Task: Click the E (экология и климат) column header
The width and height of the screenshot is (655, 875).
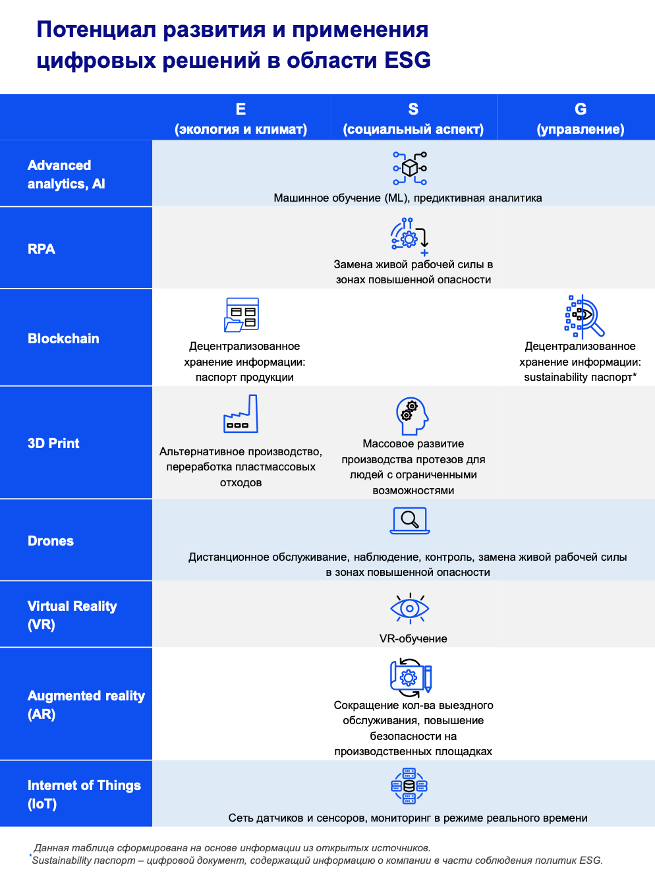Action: pyautogui.click(x=241, y=119)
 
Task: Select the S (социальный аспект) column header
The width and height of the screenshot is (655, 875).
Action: pyautogui.click(x=413, y=119)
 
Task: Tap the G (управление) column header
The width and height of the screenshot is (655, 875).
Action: pyautogui.click(x=580, y=119)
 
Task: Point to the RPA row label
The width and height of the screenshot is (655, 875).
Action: pyautogui.click(x=42, y=249)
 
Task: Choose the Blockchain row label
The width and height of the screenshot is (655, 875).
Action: pyautogui.click(x=63, y=339)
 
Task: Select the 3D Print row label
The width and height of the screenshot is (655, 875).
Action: pyautogui.click(x=53, y=443)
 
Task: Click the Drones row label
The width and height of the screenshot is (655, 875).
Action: pyautogui.click(x=51, y=540)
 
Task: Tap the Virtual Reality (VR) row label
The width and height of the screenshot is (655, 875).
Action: pyautogui.click(x=72, y=615)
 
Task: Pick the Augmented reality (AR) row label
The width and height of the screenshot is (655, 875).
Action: pyautogui.click(x=86, y=704)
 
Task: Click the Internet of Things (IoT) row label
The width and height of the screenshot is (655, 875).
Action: pyautogui.click(x=84, y=794)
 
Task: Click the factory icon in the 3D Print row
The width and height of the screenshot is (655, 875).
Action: pyautogui.click(x=241, y=414)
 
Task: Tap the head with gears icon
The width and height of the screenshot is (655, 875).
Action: pyautogui.click(x=413, y=415)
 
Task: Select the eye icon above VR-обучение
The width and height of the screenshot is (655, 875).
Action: pyautogui.click(x=409, y=608)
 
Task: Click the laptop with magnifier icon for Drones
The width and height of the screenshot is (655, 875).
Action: pyautogui.click(x=410, y=521)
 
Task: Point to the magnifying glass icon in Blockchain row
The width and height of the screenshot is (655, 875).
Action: pyautogui.click(x=584, y=316)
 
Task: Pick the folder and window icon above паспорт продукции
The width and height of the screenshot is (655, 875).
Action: pyautogui.click(x=242, y=314)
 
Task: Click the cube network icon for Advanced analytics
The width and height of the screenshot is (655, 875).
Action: pyautogui.click(x=410, y=168)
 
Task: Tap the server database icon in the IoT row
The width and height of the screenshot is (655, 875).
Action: pyautogui.click(x=409, y=785)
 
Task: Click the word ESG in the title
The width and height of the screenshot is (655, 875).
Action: pyautogui.click(x=407, y=61)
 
